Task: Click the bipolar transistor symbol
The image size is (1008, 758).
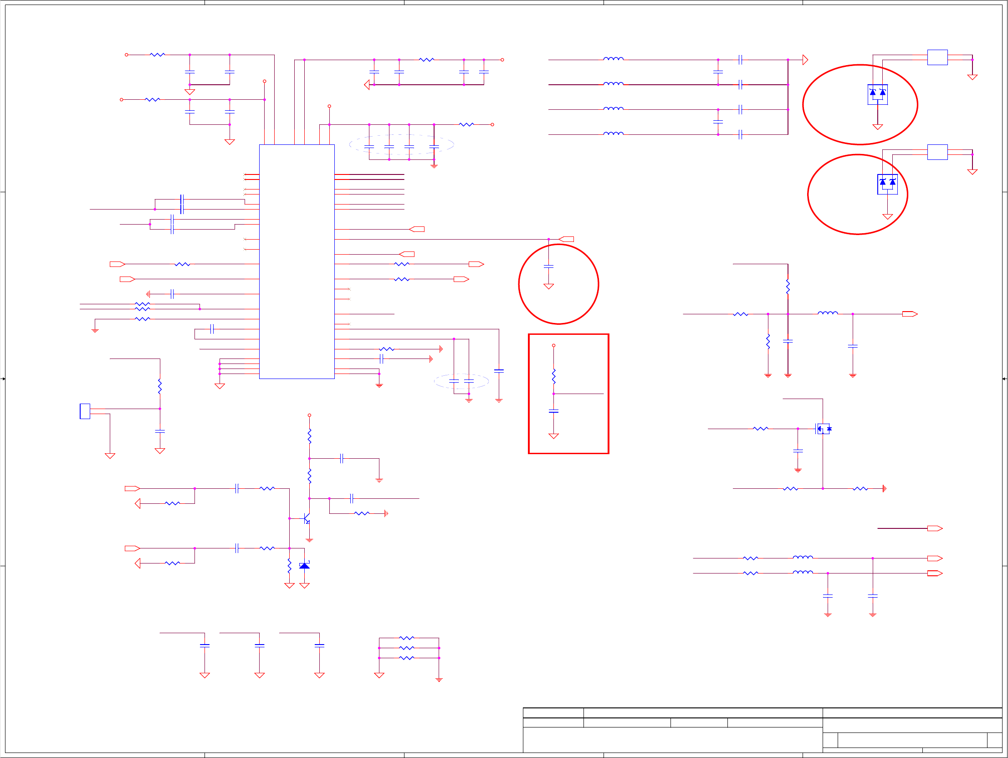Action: coord(307,519)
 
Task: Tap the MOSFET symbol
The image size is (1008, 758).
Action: coord(823,429)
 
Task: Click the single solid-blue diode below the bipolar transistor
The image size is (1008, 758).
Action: coord(304,566)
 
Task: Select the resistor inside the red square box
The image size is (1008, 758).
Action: coord(554,376)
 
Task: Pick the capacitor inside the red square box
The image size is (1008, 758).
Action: coord(554,411)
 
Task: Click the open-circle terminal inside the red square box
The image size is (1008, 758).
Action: coord(554,345)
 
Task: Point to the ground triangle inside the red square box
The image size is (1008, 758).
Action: coord(554,436)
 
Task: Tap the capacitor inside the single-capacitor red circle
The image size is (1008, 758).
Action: coord(549,266)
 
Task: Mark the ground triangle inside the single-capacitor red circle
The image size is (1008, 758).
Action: coord(549,286)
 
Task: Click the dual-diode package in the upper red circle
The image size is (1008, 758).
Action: coord(878,94)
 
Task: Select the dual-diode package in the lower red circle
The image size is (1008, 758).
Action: coord(887,184)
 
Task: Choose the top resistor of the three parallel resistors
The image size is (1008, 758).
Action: coord(406,638)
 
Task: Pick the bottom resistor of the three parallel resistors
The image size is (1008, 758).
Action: coord(406,658)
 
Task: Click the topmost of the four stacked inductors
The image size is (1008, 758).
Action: coord(614,59)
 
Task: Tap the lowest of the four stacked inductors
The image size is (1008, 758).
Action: coord(614,133)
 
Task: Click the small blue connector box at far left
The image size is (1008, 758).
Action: coord(85,411)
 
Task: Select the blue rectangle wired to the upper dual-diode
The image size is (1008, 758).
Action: coord(937,57)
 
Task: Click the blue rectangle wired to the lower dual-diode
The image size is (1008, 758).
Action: coord(937,152)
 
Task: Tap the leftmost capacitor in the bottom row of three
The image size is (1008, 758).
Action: coord(205,645)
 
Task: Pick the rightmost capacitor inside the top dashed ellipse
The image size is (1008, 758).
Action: coord(434,147)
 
